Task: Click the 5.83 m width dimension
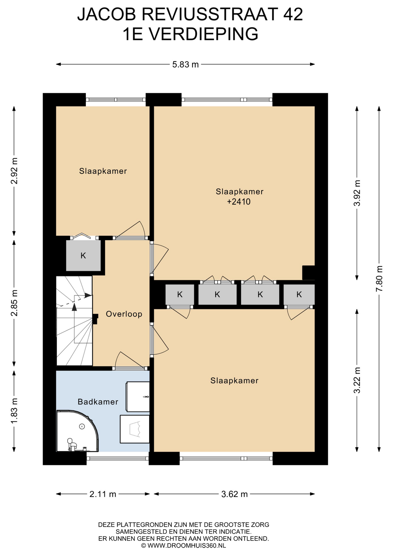(x=186, y=64)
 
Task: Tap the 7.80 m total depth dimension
(x=379, y=278)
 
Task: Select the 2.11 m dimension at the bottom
(x=103, y=494)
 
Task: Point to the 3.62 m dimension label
(x=234, y=494)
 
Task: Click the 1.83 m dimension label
(x=14, y=411)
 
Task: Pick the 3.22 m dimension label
(x=357, y=380)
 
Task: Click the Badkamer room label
(x=98, y=402)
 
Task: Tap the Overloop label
(x=124, y=314)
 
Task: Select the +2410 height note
(x=239, y=201)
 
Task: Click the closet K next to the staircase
(x=83, y=256)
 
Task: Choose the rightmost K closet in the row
(x=299, y=295)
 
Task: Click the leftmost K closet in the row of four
(x=180, y=295)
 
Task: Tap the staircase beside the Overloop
(x=74, y=321)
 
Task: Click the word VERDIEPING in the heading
(x=203, y=34)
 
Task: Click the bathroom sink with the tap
(x=138, y=397)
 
